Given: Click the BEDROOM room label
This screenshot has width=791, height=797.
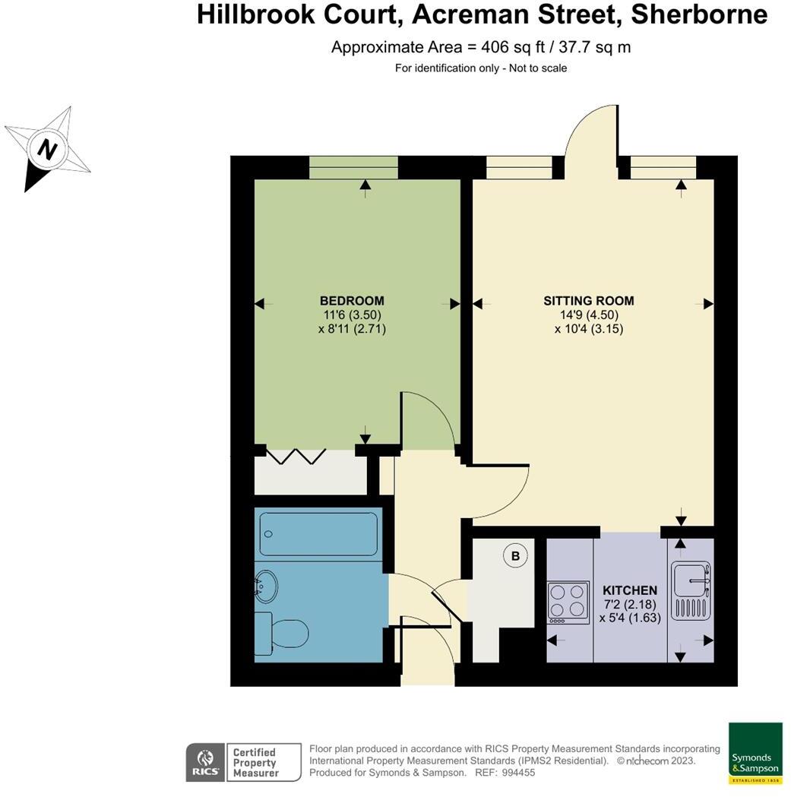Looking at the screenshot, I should (x=352, y=301).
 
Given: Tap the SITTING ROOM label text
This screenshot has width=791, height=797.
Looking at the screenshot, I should (x=588, y=301).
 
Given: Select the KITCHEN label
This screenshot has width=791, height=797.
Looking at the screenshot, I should (x=629, y=590).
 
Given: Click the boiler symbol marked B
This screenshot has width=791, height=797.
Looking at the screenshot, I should (x=515, y=556).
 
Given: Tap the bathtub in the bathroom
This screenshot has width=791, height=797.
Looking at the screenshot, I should (x=318, y=534).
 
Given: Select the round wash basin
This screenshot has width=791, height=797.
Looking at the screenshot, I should (x=266, y=586).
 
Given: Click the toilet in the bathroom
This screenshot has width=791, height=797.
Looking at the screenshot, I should (x=283, y=633).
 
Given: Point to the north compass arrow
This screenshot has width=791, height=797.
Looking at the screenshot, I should (x=47, y=150).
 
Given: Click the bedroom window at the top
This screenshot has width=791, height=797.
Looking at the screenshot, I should (x=353, y=168).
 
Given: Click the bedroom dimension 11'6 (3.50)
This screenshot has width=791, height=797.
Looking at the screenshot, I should (x=352, y=315).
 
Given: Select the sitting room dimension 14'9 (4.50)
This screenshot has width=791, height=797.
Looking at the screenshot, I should (x=588, y=315).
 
